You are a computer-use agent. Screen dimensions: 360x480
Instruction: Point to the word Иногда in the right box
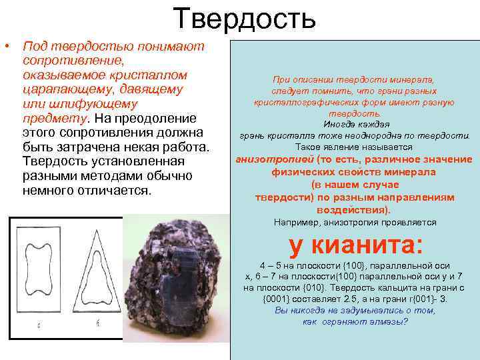click(x=339, y=125)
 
